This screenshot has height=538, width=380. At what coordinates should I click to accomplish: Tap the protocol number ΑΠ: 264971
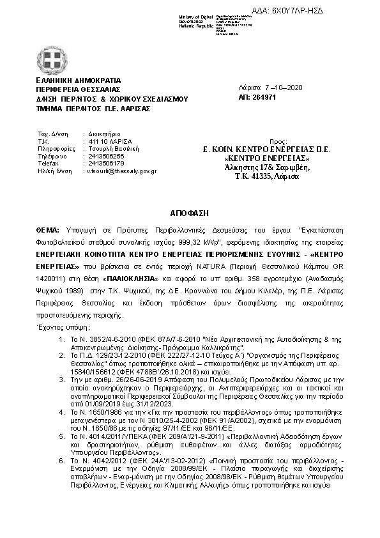(257, 98)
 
